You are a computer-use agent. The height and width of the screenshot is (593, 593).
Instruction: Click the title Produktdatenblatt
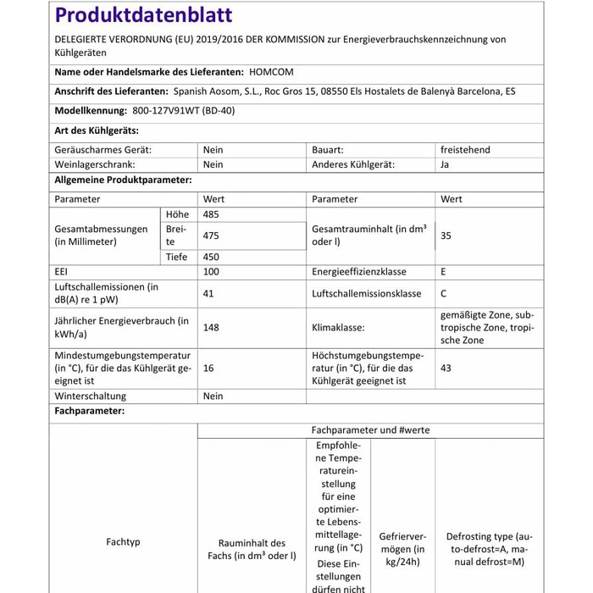point(143,15)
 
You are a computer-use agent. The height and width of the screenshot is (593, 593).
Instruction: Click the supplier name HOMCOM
point(272,73)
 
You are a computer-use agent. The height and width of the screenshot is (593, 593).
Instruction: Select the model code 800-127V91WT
point(165,111)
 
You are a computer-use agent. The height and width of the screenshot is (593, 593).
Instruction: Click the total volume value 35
point(446,236)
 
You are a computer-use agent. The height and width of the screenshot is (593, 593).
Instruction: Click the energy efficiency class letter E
point(444,272)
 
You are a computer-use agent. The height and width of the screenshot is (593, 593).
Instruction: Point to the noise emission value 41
point(209,293)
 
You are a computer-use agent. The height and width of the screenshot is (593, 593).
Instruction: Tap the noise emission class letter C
point(444,293)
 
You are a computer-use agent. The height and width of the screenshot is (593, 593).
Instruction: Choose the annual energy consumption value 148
point(211,327)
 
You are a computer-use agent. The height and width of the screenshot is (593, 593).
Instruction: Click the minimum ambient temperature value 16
point(208,369)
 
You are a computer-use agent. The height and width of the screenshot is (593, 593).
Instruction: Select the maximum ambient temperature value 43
point(446,369)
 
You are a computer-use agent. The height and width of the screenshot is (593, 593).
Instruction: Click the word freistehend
point(465,150)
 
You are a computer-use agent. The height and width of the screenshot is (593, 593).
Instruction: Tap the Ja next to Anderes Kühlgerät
point(445,165)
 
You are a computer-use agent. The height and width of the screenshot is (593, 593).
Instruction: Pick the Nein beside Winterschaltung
point(213,396)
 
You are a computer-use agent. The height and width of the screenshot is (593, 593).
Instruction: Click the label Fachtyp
point(124,541)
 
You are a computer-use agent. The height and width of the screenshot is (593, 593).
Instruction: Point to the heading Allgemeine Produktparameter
point(123,180)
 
